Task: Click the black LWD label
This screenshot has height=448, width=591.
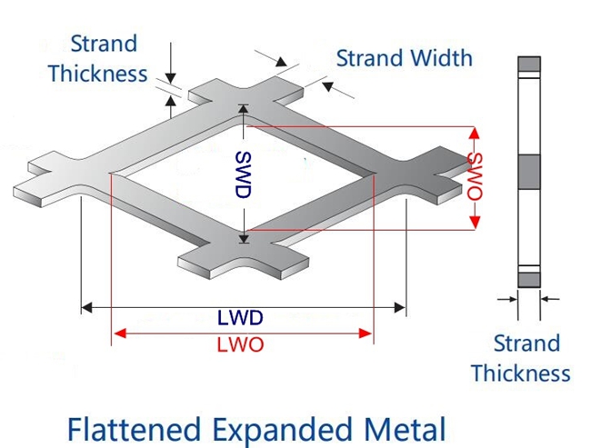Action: click(240, 319)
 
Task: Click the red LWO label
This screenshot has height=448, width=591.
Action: click(240, 345)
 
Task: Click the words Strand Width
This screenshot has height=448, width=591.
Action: click(405, 58)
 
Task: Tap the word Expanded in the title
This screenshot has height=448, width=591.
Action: click(278, 427)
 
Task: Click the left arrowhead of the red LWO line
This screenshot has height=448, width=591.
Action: click(115, 334)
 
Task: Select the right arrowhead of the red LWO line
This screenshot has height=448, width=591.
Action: click(368, 334)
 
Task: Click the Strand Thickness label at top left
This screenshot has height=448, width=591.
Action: click(97, 58)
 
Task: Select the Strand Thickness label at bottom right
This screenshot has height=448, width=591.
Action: click(520, 358)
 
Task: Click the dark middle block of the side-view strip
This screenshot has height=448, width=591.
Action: click(528, 170)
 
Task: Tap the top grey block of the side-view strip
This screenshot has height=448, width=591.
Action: click(528, 65)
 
